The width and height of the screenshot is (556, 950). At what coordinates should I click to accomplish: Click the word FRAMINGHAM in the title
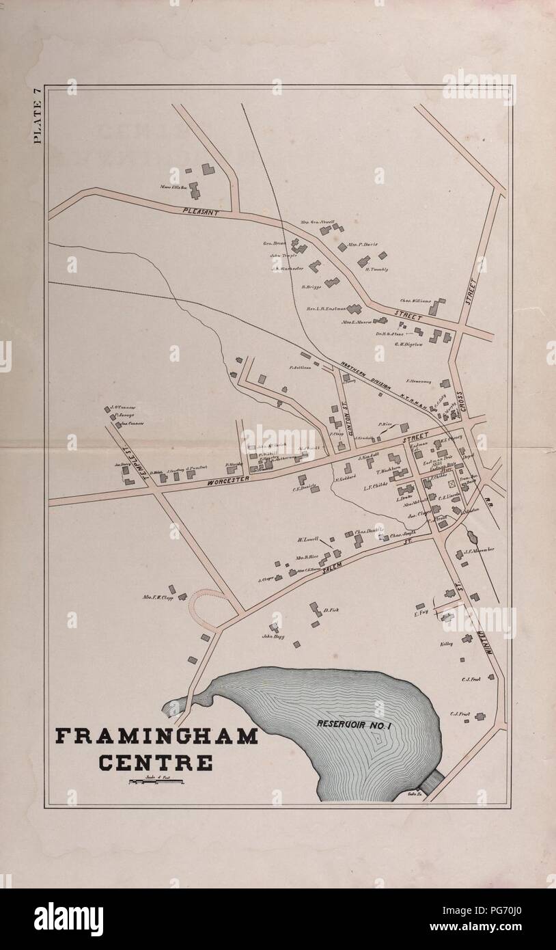(156, 736)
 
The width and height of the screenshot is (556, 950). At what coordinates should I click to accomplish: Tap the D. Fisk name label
(331, 610)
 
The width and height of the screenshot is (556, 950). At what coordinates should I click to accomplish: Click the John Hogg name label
(273, 636)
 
